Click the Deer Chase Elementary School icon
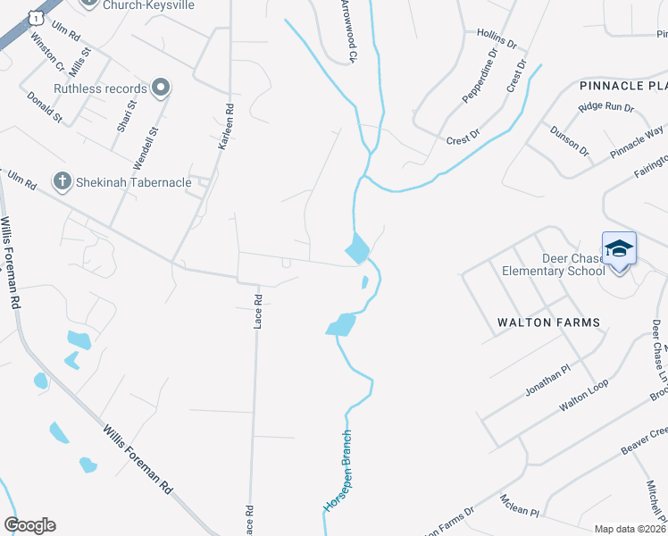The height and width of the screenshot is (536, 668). click(619, 247)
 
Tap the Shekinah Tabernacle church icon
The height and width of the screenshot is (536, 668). click(62, 182)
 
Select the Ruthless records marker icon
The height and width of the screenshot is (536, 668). click(161, 88)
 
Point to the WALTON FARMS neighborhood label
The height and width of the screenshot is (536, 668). click(548, 322)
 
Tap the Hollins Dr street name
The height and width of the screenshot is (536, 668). click(497, 38)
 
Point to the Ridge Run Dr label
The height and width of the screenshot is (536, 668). click(605, 107)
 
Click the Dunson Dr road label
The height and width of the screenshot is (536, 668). click(570, 140)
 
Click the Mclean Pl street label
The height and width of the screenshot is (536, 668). click(520, 507)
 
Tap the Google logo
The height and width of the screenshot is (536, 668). click(29, 525)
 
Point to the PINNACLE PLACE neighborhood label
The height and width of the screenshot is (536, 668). click(623, 86)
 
